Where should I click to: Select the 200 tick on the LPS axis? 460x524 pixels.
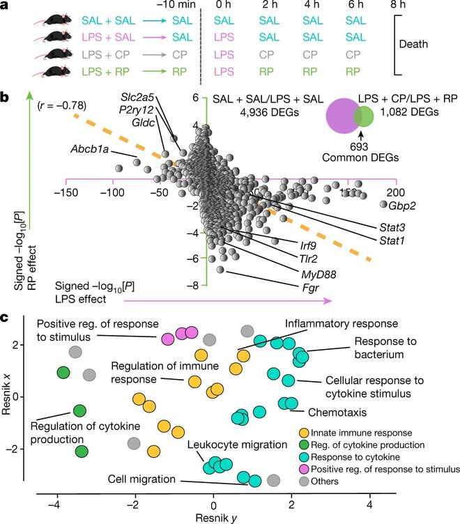[x=396, y=192]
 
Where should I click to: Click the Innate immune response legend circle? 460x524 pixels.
[x=302, y=433]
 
